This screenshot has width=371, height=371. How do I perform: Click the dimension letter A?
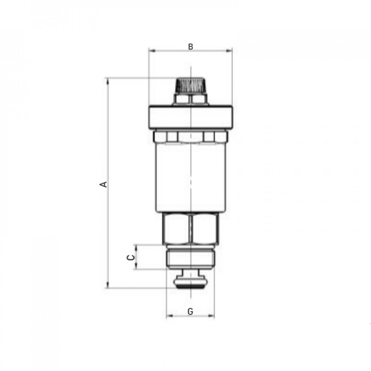(104, 184)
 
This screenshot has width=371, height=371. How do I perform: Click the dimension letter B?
(190, 47)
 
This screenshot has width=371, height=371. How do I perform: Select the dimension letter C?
(131, 257)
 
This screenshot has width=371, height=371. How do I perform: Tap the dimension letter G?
(190, 311)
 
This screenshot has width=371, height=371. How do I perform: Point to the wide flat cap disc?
(191, 117)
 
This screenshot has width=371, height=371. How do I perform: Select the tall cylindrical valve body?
(191, 177)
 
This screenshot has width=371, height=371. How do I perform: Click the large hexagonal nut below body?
(190, 228)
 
